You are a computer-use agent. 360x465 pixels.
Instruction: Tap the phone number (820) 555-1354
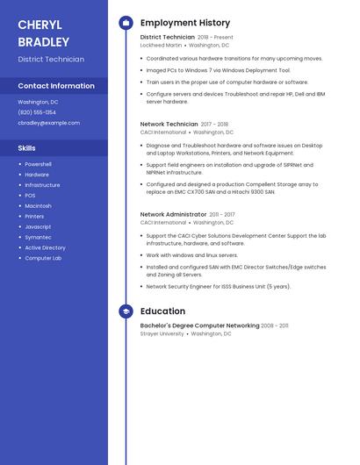click(37, 112)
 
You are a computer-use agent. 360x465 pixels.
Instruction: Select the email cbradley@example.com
click(48, 123)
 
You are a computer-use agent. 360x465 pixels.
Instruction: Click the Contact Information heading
click(56, 86)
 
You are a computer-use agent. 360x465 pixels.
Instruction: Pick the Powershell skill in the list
click(38, 164)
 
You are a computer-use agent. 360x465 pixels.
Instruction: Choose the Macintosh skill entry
click(38, 205)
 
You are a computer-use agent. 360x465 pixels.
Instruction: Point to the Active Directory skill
click(45, 247)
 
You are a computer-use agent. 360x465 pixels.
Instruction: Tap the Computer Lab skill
click(43, 258)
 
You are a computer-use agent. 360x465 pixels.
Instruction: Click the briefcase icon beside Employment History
click(126, 23)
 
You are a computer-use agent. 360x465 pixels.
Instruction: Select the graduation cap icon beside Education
click(126, 311)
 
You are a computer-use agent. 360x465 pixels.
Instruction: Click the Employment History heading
click(185, 23)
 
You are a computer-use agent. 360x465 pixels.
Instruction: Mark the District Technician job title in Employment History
click(168, 38)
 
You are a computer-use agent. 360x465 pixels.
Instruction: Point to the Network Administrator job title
click(173, 214)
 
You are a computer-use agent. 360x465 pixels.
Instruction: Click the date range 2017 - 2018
click(214, 125)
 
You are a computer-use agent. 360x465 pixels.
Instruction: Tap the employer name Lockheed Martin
click(161, 45)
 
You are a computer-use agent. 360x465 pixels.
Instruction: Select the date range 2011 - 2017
click(222, 214)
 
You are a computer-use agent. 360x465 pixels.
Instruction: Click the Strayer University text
click(162, 333)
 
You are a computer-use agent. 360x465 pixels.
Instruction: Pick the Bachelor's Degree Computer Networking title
click(199, 325)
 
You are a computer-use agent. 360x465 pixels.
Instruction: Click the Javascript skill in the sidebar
click(38, 226)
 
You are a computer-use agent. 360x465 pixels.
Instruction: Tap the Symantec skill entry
click(38, 237)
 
